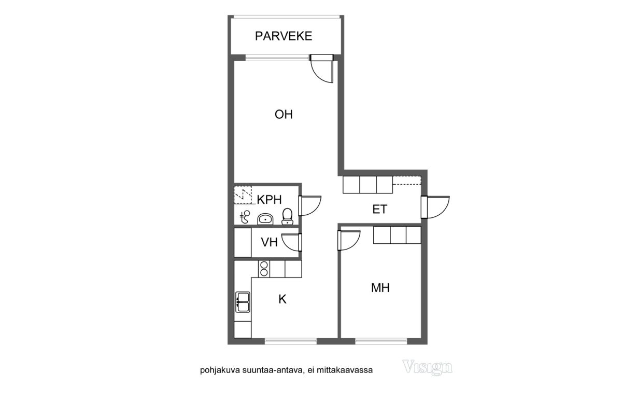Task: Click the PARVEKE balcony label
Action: (284, 36)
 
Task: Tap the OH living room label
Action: (284, 115)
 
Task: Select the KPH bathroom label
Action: (269, 200)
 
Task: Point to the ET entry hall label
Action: (379, 209)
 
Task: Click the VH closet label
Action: (269, 242)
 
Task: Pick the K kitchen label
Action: (282, 299)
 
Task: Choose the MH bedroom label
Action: (380, 288)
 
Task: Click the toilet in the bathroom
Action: (287, 216)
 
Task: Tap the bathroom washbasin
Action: (265, 219)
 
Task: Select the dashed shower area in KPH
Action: (243, 195)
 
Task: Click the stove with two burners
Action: (264, 269)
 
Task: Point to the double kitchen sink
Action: (243, 302)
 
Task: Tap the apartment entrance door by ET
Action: (435, 207)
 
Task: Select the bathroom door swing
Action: (310, 206)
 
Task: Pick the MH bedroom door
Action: (349, 240)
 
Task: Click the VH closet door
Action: (291, 242)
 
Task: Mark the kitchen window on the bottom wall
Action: (291, 341)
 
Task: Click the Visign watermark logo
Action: (427, 367)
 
